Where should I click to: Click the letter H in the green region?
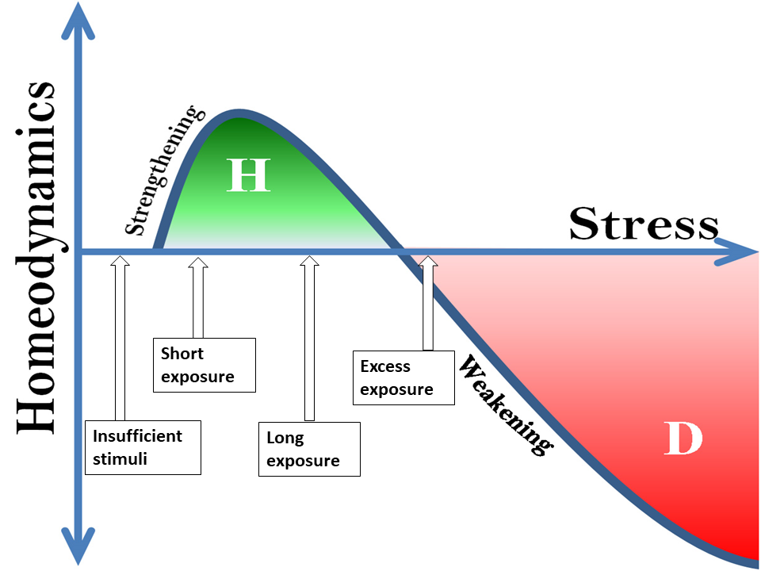[x=248, y=175]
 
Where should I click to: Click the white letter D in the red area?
[x=683, y=439]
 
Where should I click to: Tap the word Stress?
[x=643, y=224]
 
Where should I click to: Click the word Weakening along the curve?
[x=505, y=404]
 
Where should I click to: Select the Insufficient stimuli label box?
[x=143, y=447]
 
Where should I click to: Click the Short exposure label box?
[x=205, y=365]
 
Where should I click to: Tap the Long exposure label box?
[x=309, y=449]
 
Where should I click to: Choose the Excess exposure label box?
[x=403, y=377]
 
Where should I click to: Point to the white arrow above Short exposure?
[x=197, y=297]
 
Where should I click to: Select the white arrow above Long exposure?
[x=309, y=337]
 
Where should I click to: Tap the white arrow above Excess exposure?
[x=428, y=302]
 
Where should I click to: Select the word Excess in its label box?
[x=385, y=366]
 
